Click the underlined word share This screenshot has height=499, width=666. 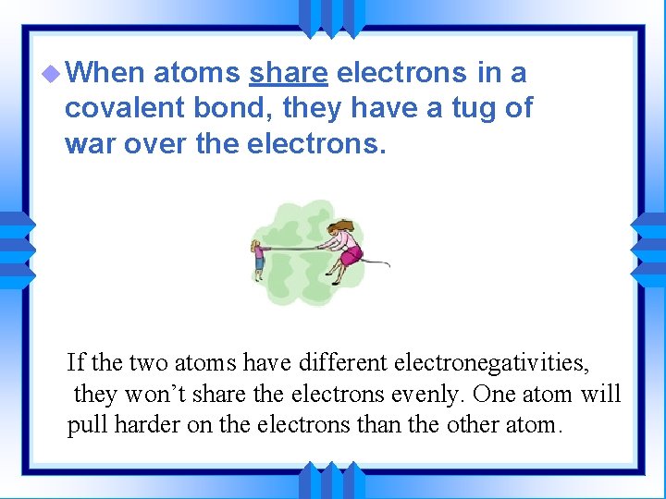pos(289,72)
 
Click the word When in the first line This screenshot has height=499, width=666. pos(107,72)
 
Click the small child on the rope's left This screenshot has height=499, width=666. pos(258,261)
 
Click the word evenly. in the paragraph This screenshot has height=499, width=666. pos(423,394)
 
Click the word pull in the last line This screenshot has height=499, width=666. pos(84,426)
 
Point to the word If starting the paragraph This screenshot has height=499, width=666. pos(76,361)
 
